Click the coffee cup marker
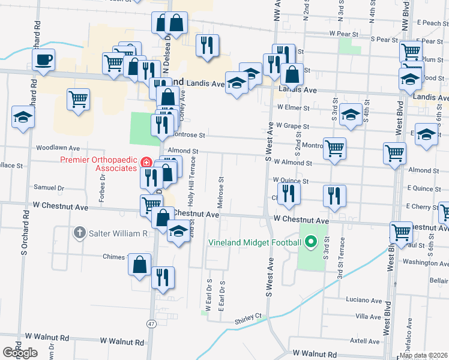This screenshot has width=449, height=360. tap(44, 60)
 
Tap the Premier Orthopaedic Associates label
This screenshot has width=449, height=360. tap(99, 164)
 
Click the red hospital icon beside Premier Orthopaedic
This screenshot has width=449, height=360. tap(146, 163)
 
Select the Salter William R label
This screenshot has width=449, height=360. tap(118, 233)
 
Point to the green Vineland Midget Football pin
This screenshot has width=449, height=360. tap(310, 242)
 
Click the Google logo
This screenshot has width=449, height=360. tap(20, 353)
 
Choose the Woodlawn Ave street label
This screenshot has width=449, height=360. tap(58, 147)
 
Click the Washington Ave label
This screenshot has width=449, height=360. tap(425, 262)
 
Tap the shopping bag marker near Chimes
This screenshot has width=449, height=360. tap(139, 264)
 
